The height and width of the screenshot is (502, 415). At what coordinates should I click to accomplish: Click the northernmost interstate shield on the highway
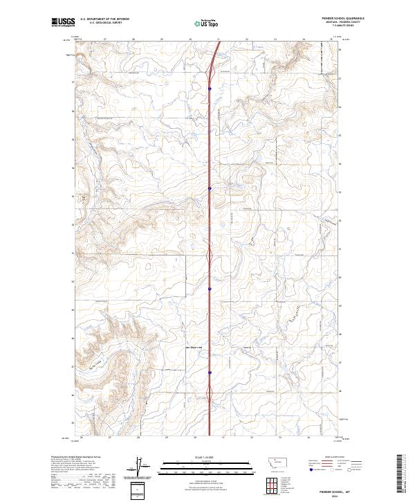pyautogui.click(x=209, y=88)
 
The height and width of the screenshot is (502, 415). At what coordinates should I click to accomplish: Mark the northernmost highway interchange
pyautogui.click(x=210, y=66)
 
